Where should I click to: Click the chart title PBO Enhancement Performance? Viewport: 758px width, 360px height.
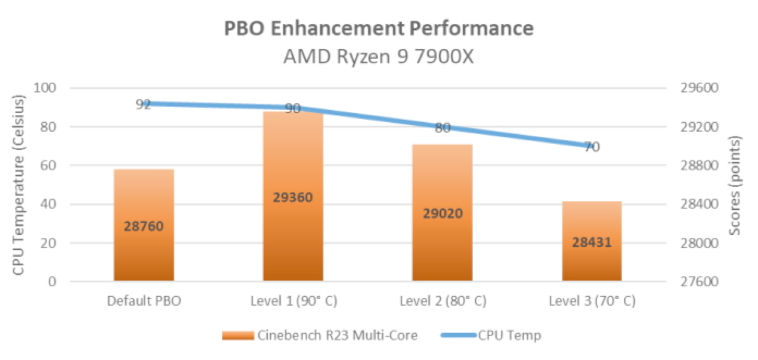379,28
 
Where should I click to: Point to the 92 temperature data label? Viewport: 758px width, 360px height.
143,105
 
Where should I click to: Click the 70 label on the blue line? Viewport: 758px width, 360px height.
592,147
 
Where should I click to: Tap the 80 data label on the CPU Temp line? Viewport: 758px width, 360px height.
443,128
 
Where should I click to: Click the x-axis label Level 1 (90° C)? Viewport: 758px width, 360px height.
293,301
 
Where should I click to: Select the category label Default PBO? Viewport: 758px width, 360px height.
144,301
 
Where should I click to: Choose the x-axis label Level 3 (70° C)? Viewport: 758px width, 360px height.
592,301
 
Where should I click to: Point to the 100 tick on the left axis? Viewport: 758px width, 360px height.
47,88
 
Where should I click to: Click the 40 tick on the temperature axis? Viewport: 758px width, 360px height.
50,204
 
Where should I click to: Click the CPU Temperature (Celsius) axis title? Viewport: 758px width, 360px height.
19,185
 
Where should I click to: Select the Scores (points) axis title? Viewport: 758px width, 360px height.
736,185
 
